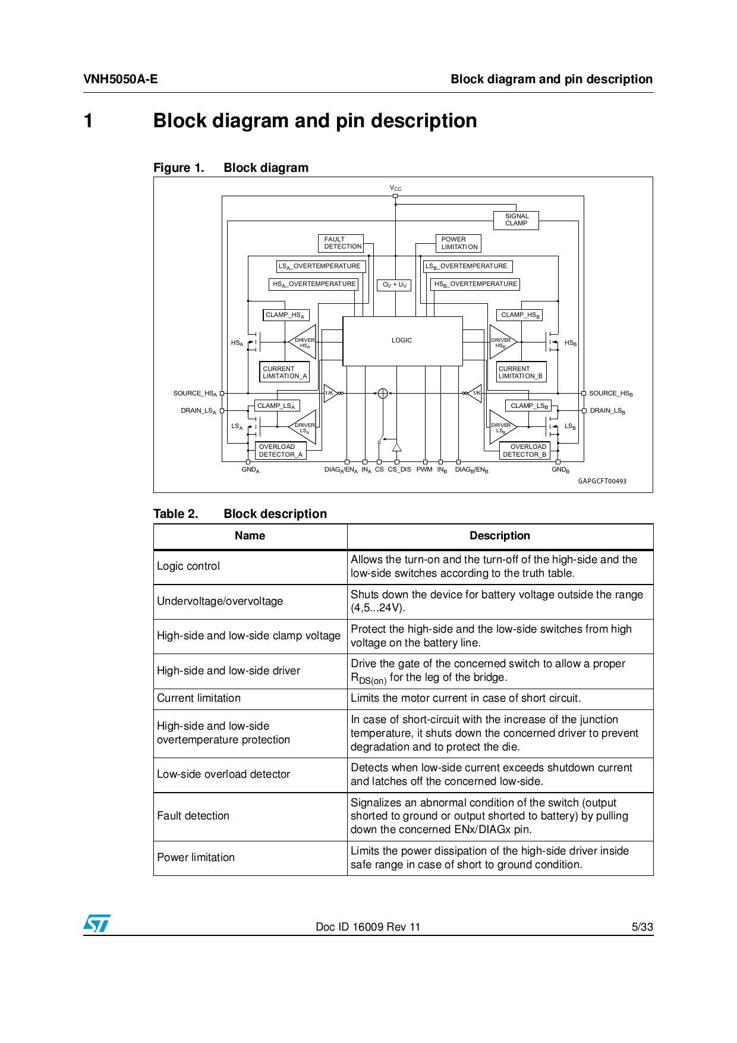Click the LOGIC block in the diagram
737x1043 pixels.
(x=402, y=341)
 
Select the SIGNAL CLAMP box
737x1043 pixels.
(x=516, y=220)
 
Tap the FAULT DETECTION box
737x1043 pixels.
(x=341, y=243)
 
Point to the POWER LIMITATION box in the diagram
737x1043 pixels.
(x=458, y=243)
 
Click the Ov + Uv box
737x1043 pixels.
(x=394, y=285)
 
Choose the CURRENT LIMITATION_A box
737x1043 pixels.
(x=285, y=372)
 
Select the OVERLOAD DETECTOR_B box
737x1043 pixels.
(x=524, y=451)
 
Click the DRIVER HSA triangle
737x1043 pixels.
(x=304, y=342)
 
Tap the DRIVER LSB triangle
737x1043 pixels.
(x=501, y=427)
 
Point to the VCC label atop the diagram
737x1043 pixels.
(x=395, y=188)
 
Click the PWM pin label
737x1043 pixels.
(x=424, y=470)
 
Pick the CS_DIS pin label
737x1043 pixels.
(x=399, y=470)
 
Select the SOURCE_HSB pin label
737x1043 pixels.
(x=610, y=394)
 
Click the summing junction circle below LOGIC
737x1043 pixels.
(x=383, y=393)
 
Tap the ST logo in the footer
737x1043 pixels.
(x=97, y=923)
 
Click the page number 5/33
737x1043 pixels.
(x=642, y=927)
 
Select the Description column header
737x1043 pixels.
(x=500, y=536)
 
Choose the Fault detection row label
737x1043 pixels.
(x=193, y=816)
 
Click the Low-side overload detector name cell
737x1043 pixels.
(x=223, y=774)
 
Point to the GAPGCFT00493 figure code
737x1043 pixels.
(x=602, y=481)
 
